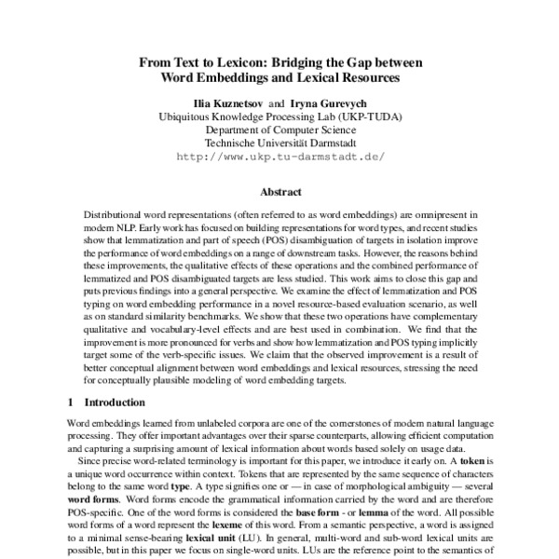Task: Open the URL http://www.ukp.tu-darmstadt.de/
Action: (279, 157)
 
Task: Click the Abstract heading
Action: (279, 192)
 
